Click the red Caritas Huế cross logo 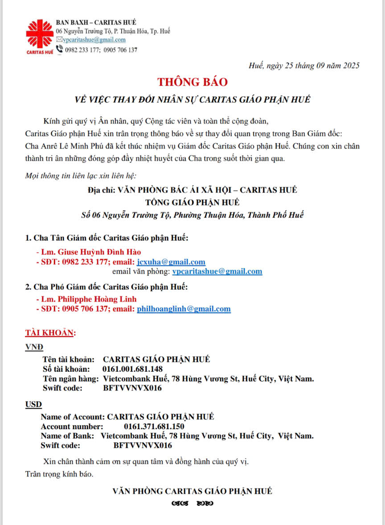point(39,35)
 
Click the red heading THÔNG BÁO point(192,82)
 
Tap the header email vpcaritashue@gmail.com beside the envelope point(94,40)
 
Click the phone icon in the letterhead point(60,49)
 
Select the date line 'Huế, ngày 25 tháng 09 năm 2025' point(304,66)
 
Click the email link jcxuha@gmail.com point(171,262)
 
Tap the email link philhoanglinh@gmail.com point(184,309)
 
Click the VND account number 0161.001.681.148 point(132,369)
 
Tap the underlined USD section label point(33,404)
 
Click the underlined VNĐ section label point(34,347)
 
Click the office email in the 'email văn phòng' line point(217,271)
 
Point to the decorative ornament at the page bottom point(192,504)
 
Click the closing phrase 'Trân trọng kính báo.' point(59,474)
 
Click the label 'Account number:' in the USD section point(69,426)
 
